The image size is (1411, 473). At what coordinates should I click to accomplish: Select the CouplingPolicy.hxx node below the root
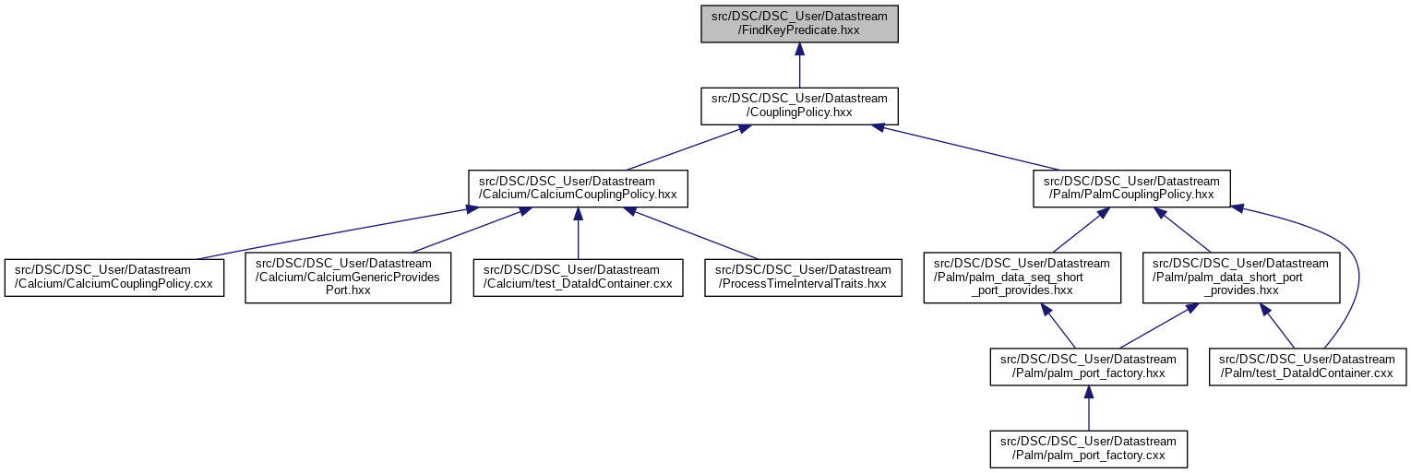(799, 106)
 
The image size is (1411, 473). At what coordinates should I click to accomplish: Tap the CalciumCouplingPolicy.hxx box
(578, 187)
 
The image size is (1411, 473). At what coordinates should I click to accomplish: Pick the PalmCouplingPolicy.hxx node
(1131, 187)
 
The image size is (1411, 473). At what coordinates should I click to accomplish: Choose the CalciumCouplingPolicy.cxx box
(114, 277)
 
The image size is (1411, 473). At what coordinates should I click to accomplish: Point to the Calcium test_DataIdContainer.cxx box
(578, 277)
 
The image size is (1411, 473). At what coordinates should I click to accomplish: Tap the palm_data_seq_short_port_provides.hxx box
(1022, 278)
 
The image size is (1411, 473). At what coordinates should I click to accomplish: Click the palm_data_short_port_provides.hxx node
(1241, 278)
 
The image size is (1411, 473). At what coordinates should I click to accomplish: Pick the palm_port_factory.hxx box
(1088, 366)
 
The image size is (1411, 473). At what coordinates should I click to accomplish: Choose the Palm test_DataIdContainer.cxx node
(1308, 366)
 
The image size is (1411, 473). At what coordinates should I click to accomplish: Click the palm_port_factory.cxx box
(1088, 448)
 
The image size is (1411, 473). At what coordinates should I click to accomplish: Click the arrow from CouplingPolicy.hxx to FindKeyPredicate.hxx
(799, 65)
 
